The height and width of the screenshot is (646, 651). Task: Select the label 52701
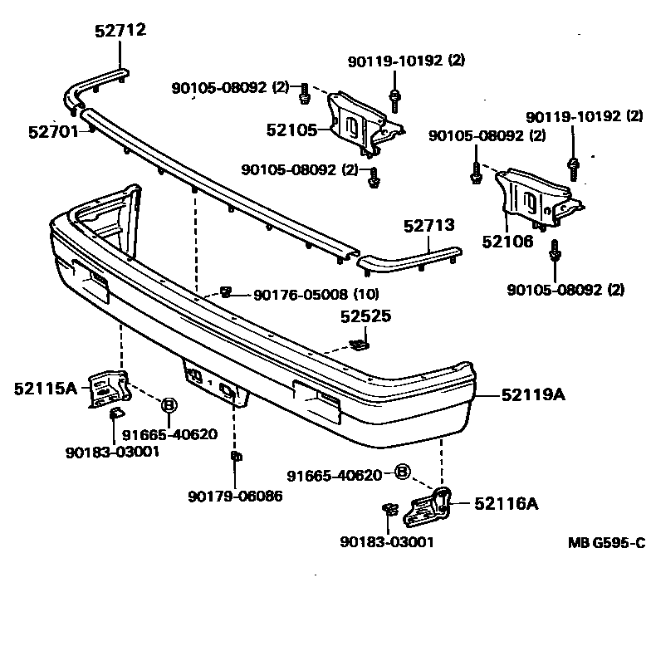(x=52, y=131)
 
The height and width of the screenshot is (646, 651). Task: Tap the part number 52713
(x=429, y=226)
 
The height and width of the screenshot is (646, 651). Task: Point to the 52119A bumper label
(x=531, y=395)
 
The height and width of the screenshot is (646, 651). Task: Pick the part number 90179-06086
(x=235, y=496)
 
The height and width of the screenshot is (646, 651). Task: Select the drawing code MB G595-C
(x=606, y=544)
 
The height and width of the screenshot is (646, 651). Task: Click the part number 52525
(x=365, y=316)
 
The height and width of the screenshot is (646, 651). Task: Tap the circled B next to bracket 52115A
(x=169, y=404)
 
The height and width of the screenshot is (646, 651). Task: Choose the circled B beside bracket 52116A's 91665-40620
(x=402, y=472)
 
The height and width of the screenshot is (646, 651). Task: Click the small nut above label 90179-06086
(x=235, y=457)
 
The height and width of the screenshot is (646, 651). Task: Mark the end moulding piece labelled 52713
(x=411, y=257)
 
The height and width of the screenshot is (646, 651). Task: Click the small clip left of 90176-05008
(x=226, y=291)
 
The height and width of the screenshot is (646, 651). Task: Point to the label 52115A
(x=45, y=387)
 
